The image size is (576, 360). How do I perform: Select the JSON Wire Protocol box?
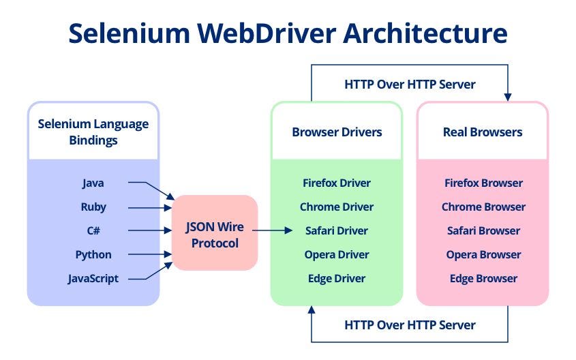[215, 232]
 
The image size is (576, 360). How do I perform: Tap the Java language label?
[93, 183]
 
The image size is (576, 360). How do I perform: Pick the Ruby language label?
[93, 207]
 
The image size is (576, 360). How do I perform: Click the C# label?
[93, 230]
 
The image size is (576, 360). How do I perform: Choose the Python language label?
[93, 254]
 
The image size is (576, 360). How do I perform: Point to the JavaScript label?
[93, 278]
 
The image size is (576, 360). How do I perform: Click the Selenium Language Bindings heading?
[93, 132]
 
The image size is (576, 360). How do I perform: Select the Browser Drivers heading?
[337, 132]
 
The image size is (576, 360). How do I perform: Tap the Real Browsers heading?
[483, 132]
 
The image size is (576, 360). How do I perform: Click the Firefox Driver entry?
[337, 183]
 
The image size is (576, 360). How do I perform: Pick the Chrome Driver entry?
[337, 207]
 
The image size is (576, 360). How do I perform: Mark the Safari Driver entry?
[337, 230]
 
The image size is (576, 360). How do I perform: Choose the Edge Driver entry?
[337, 278]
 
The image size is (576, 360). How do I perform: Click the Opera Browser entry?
[483, 254]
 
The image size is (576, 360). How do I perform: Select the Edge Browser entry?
[483, 278]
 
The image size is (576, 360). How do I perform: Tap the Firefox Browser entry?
[483, 183]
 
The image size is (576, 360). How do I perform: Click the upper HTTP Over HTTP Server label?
[410, 85]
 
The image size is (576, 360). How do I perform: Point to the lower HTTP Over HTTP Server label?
[410, 325]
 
